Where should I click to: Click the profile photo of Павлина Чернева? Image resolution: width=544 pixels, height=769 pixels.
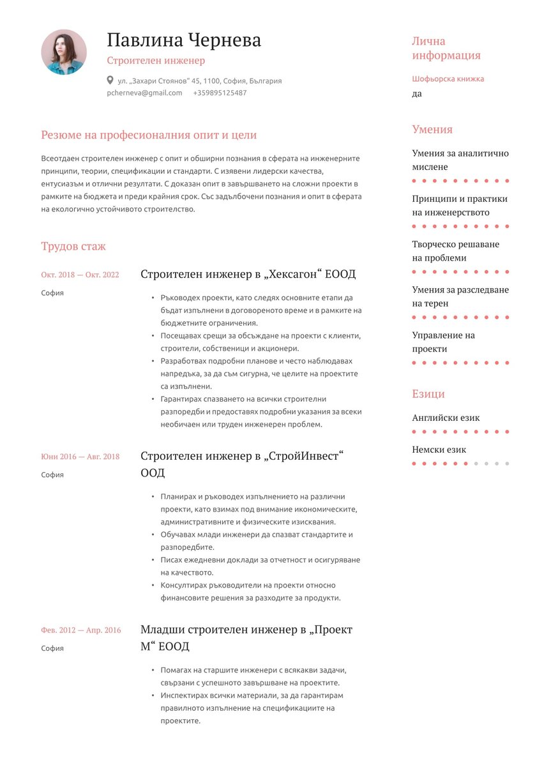coord(64,52)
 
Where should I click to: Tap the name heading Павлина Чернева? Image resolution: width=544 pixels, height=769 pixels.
coord(184,40)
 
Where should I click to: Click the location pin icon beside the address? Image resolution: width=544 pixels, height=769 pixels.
coord(110,81)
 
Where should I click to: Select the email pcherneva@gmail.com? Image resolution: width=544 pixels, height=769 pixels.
coord(144,93)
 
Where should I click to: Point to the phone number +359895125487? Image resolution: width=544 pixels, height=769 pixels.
coord(220,93)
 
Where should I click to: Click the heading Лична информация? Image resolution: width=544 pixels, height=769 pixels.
coord(446,49)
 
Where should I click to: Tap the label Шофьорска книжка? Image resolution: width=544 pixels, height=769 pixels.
coord(448,79)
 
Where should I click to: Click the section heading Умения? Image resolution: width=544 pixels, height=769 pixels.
coord(432,130)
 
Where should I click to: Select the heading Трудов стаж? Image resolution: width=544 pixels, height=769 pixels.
coord(73,247)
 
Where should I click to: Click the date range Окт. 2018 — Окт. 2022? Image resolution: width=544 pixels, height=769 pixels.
coord(80,275)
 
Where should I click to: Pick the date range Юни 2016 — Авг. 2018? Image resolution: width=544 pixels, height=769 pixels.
coord(80,457)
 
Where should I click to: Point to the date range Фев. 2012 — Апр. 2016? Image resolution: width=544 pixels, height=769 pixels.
coord(80,630)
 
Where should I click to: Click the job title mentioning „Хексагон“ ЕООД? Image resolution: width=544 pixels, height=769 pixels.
coord(248,275)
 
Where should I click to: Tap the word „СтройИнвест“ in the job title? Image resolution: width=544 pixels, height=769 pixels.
coord(304,457)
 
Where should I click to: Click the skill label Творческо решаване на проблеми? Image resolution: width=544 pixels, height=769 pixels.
coord(455,251)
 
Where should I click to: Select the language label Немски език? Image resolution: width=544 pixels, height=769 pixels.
coord(439,450)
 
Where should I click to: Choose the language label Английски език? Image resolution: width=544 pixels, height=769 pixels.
coord(446,418)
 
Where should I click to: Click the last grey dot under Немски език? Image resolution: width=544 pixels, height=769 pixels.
coord(507,464)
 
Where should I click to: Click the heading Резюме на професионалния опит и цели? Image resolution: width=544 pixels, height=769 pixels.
coord(149,135)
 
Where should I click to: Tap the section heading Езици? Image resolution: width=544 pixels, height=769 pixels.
coord(428,394)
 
